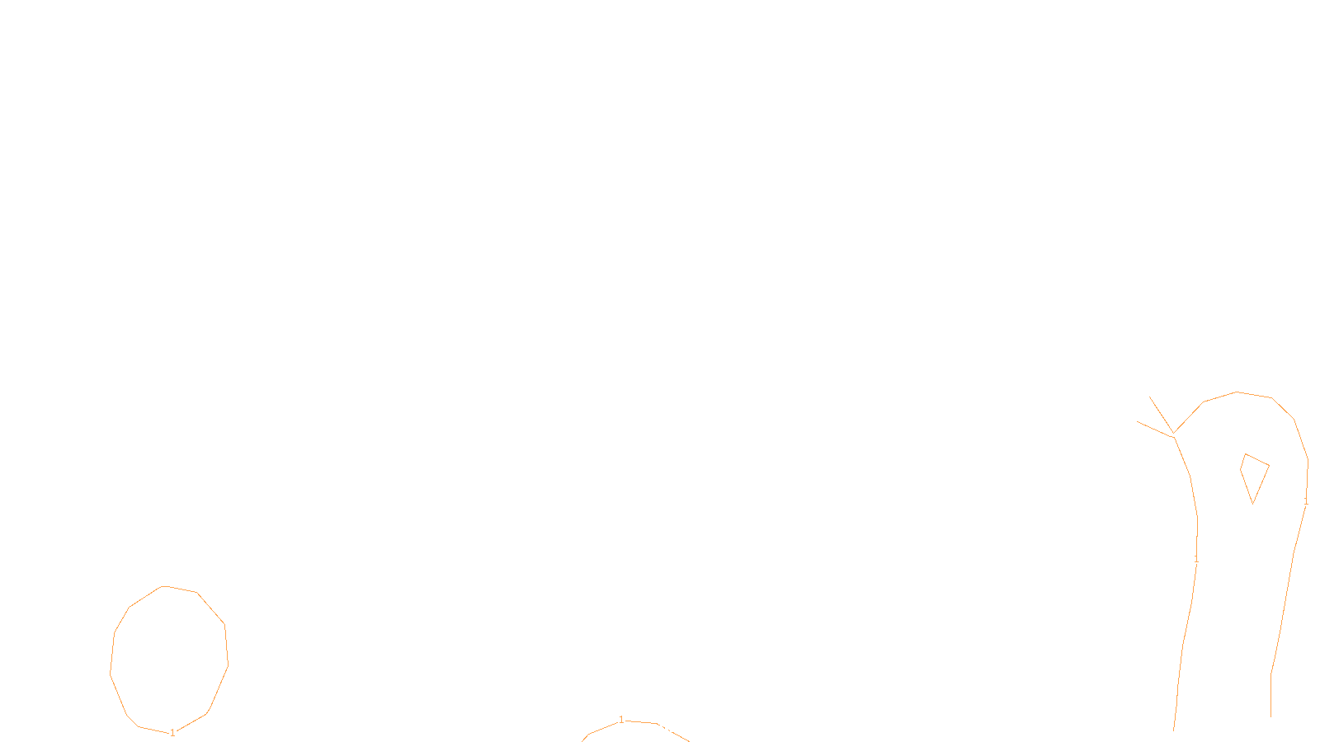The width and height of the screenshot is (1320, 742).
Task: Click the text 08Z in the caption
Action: [625, 729]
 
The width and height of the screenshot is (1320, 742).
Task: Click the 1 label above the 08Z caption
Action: [621, 720]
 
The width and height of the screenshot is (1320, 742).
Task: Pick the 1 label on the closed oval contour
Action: [172, 732]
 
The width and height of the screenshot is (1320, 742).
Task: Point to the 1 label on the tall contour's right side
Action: [1305, 501]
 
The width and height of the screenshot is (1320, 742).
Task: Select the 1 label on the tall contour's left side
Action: [1196, 559]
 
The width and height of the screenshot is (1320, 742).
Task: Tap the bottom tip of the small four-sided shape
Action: [1253, 502]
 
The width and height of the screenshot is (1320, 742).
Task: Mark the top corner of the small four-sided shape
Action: [1245, 453]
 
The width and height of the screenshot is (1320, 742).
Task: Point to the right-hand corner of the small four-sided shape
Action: [1269, 466]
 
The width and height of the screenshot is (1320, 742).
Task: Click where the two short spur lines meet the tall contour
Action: [1173, 434]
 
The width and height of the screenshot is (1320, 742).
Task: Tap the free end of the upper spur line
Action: [1149, 397]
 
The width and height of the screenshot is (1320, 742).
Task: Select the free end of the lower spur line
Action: [1137, 421]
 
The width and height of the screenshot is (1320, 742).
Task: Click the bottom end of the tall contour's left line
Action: [1174, 730]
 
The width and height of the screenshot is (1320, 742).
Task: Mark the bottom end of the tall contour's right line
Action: [1270, 716]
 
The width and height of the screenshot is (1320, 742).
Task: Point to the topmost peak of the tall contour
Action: [1237, 392]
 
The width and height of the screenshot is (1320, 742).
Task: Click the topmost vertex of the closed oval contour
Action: [163, 586]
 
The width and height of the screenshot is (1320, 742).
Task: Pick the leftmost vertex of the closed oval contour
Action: [111, 673]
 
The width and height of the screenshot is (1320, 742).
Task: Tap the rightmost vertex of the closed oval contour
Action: [228, 664]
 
